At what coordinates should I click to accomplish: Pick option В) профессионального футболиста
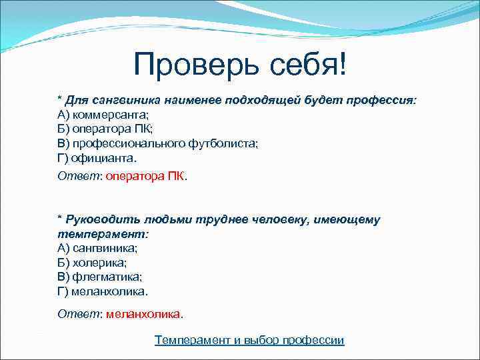(x=157, y=143)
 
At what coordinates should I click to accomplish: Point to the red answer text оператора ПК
(x=146, y=177)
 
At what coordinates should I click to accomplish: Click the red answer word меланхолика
(x=143, y=313)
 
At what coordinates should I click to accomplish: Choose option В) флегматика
(x=99, y=277)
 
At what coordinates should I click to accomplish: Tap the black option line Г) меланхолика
(x=103, y=291)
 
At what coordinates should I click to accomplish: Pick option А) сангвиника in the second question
(x=98, y=247)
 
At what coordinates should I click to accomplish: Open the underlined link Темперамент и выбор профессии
(x=249, y=340)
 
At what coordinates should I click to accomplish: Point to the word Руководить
(x=100, y=219)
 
